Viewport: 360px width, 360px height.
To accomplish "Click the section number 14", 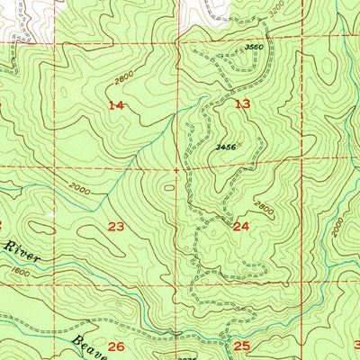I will [116, 105].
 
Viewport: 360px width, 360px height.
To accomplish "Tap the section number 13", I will [242, 103].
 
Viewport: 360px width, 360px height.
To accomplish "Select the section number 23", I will [116, 226].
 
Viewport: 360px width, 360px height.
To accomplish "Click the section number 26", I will [116, 346].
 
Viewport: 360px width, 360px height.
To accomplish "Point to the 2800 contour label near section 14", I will [125, 83].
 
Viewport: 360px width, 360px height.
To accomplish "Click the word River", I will [17, 246].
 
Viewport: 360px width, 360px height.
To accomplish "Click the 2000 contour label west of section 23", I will [78, 189].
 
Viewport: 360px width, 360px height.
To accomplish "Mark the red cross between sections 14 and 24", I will [177, 168].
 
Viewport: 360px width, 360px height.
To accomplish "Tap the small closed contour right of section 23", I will [169, 187].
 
